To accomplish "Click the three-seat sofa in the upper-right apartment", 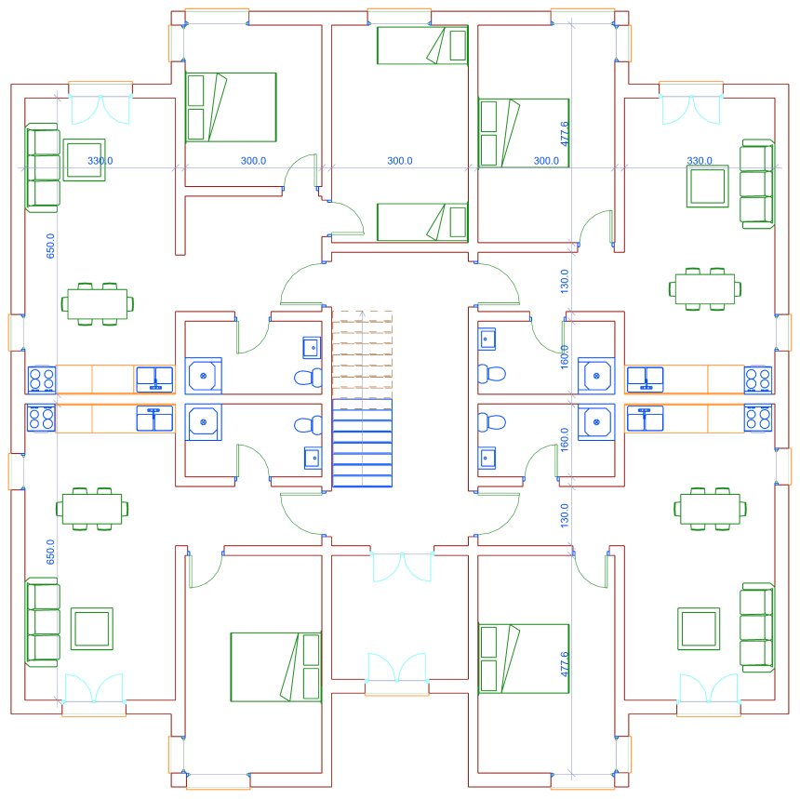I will [756, 183].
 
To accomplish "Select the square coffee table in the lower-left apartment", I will [92, 628].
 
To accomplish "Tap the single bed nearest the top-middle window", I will [422, 46].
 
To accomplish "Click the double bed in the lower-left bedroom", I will [274, 666].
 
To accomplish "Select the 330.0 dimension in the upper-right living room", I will [699, 161].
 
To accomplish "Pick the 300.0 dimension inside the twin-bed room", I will [399, 161].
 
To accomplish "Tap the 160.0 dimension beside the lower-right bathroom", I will [564, 439].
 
